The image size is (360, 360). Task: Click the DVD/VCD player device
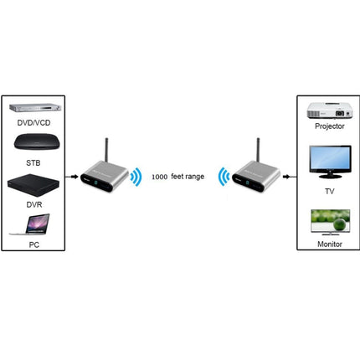pos(35,108)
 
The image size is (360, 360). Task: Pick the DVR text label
pos(34,204)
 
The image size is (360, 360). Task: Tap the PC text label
pos(34,244)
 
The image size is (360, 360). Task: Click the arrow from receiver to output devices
pos(286,177)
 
